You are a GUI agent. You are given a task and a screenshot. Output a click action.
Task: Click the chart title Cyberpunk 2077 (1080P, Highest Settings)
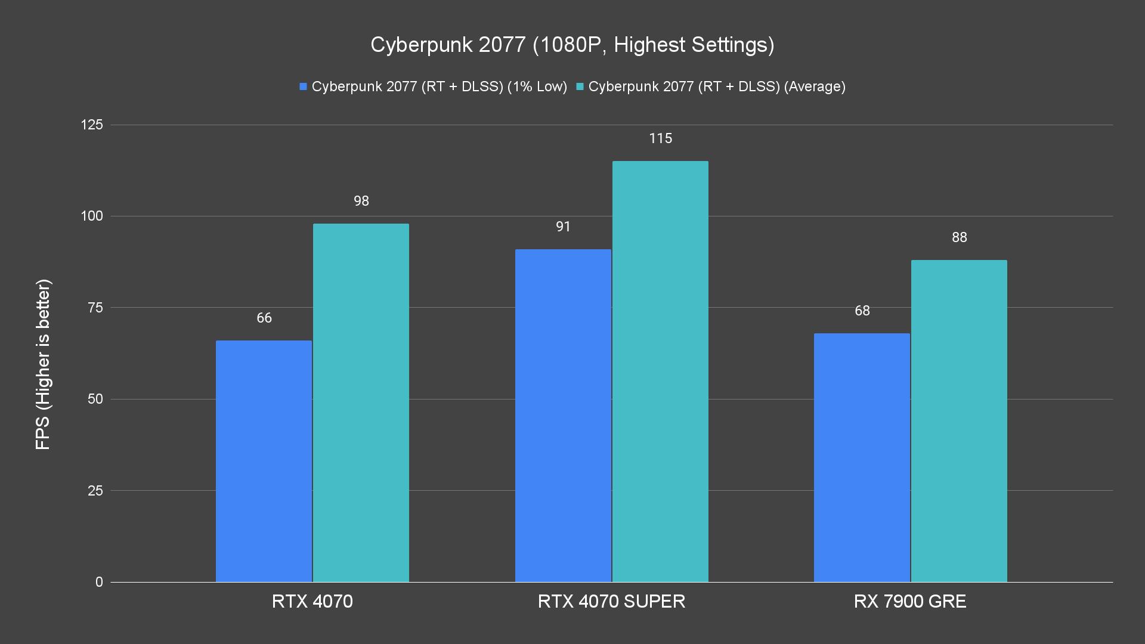572,45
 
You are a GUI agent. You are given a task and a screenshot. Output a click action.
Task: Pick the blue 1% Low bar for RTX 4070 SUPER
563,416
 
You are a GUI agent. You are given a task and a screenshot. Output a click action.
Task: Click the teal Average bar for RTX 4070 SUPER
660,371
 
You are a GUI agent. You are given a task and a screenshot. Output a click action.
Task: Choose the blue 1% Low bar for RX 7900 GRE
862,457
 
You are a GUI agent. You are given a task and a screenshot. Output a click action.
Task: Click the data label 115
660,138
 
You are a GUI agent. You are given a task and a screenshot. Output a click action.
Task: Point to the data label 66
264,318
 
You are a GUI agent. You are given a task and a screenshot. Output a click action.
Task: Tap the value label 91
563,227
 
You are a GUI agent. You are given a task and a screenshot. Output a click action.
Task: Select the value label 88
959,237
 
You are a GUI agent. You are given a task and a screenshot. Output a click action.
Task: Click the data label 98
361,201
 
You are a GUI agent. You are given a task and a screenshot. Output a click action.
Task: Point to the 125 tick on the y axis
92,125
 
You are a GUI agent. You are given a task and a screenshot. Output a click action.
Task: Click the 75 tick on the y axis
95,308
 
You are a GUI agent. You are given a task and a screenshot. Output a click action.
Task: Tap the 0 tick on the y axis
99,582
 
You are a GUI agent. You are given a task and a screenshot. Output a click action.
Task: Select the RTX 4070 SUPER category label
611,601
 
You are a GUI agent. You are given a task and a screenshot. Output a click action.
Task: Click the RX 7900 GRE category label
910,601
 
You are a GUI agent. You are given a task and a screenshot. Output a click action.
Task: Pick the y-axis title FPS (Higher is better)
43,364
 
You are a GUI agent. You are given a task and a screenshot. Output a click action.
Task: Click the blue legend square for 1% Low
303,86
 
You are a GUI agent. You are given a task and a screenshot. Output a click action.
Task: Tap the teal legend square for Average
580,86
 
